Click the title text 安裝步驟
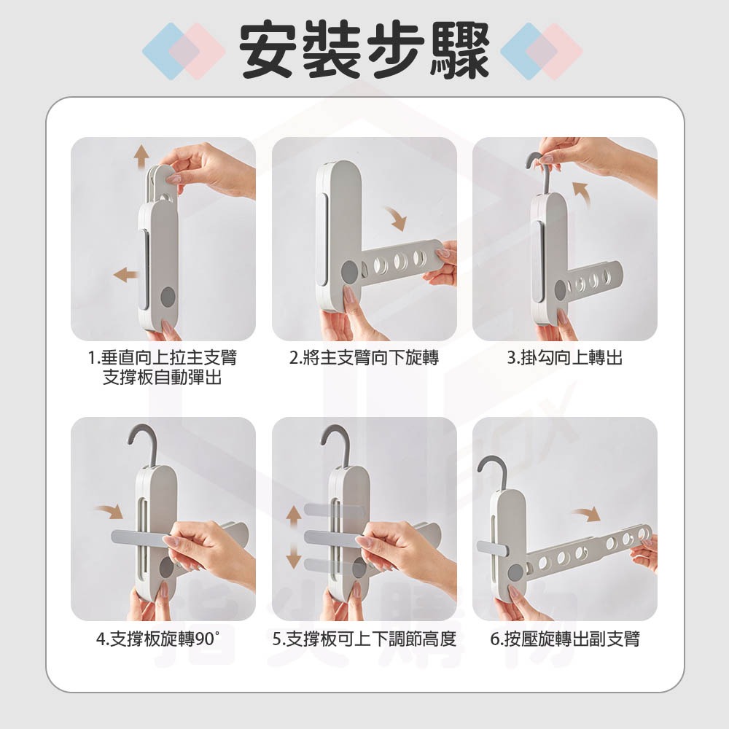coord(364,50)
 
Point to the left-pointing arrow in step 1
coord(127,275)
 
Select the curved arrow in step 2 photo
coord(396,216)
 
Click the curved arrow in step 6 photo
coord(586,516)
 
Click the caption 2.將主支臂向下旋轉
coord(364,358)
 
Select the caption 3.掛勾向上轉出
coord(565,358)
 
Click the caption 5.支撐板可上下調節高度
coord(364,640)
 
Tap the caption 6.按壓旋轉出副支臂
coord(565,640)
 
